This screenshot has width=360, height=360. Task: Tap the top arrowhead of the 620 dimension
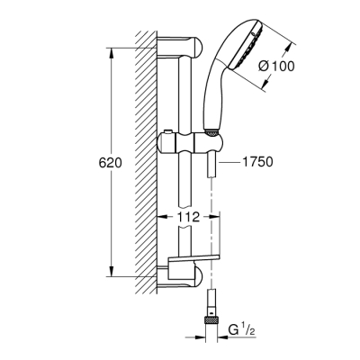(111, 49)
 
